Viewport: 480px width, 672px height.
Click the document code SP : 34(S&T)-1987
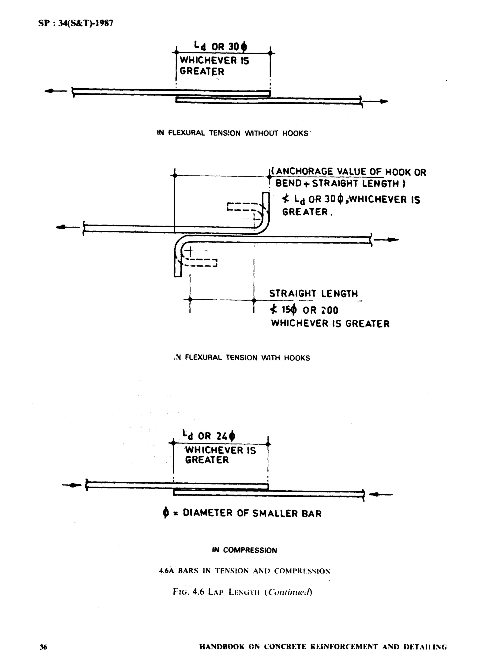[x=76, y=23]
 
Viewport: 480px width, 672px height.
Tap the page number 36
[x=43, y=647]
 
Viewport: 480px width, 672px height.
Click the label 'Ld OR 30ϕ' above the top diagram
[x=221, y=46]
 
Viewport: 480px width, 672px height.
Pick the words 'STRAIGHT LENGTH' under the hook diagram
[x=313, y=293]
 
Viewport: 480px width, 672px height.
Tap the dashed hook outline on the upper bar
[x=245, y=207]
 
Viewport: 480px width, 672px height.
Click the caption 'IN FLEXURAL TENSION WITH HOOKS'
[x=242, y=358]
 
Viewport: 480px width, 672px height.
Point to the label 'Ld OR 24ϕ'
[x=209, y=435]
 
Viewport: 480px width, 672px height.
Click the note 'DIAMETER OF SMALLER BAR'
[x=252, y=513]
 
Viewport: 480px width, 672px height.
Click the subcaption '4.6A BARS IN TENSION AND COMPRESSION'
[x=244, y=571]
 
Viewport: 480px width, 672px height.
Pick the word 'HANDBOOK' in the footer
[x=222, y=647]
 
